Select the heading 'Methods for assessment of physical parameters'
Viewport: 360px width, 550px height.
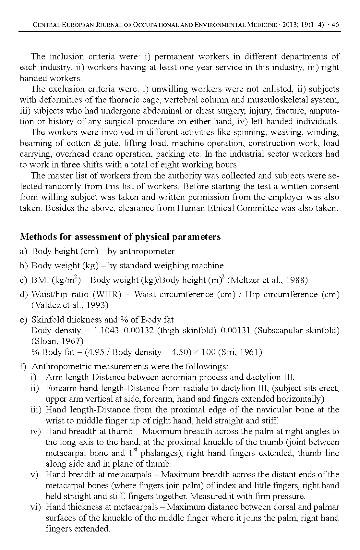(x=120, y=237)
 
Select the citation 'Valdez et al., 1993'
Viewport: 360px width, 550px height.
(x=70, y=305)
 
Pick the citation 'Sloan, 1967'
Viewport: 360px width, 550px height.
(x=57, y=341)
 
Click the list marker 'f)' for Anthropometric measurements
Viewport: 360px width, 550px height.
(x=23, y=367)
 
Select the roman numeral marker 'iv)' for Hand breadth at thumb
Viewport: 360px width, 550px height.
(x=35, y=432)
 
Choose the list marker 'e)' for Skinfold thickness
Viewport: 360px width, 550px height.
(x=23, y=320)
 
